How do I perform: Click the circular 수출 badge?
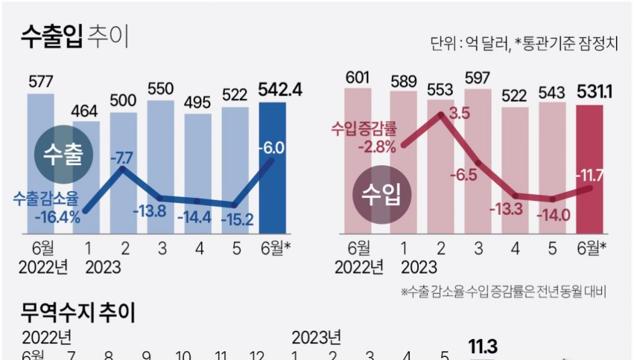pos(64,156)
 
